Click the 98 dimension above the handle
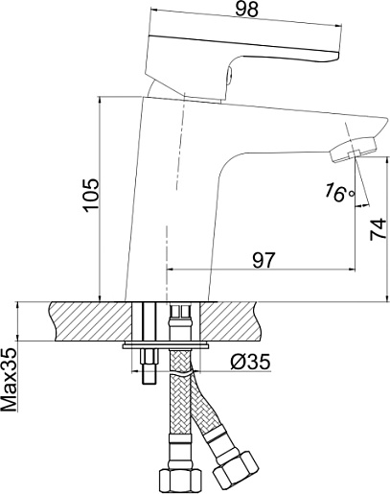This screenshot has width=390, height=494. pyautogui.click(x=246, y=10)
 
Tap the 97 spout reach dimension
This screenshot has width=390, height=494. pyautogui.click(x=264, y=260)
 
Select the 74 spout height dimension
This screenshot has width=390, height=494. pyautogui.click(x=378, y=229)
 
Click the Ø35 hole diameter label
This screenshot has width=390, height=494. pyautogui.click(x=251, y=362)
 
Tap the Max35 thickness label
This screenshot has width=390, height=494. pyautogui.click(x=9, y=380)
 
